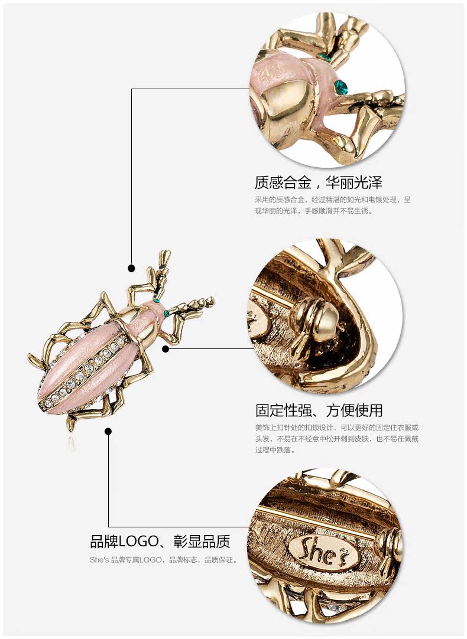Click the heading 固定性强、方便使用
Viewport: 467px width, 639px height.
tap(319, 410)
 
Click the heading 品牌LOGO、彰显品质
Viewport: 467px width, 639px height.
tap(160, 541)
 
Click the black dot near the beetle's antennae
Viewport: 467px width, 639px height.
tap(132, 268)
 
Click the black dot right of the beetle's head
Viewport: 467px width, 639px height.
tap(166, 348)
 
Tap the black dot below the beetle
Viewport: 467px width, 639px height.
tap(108, 431)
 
